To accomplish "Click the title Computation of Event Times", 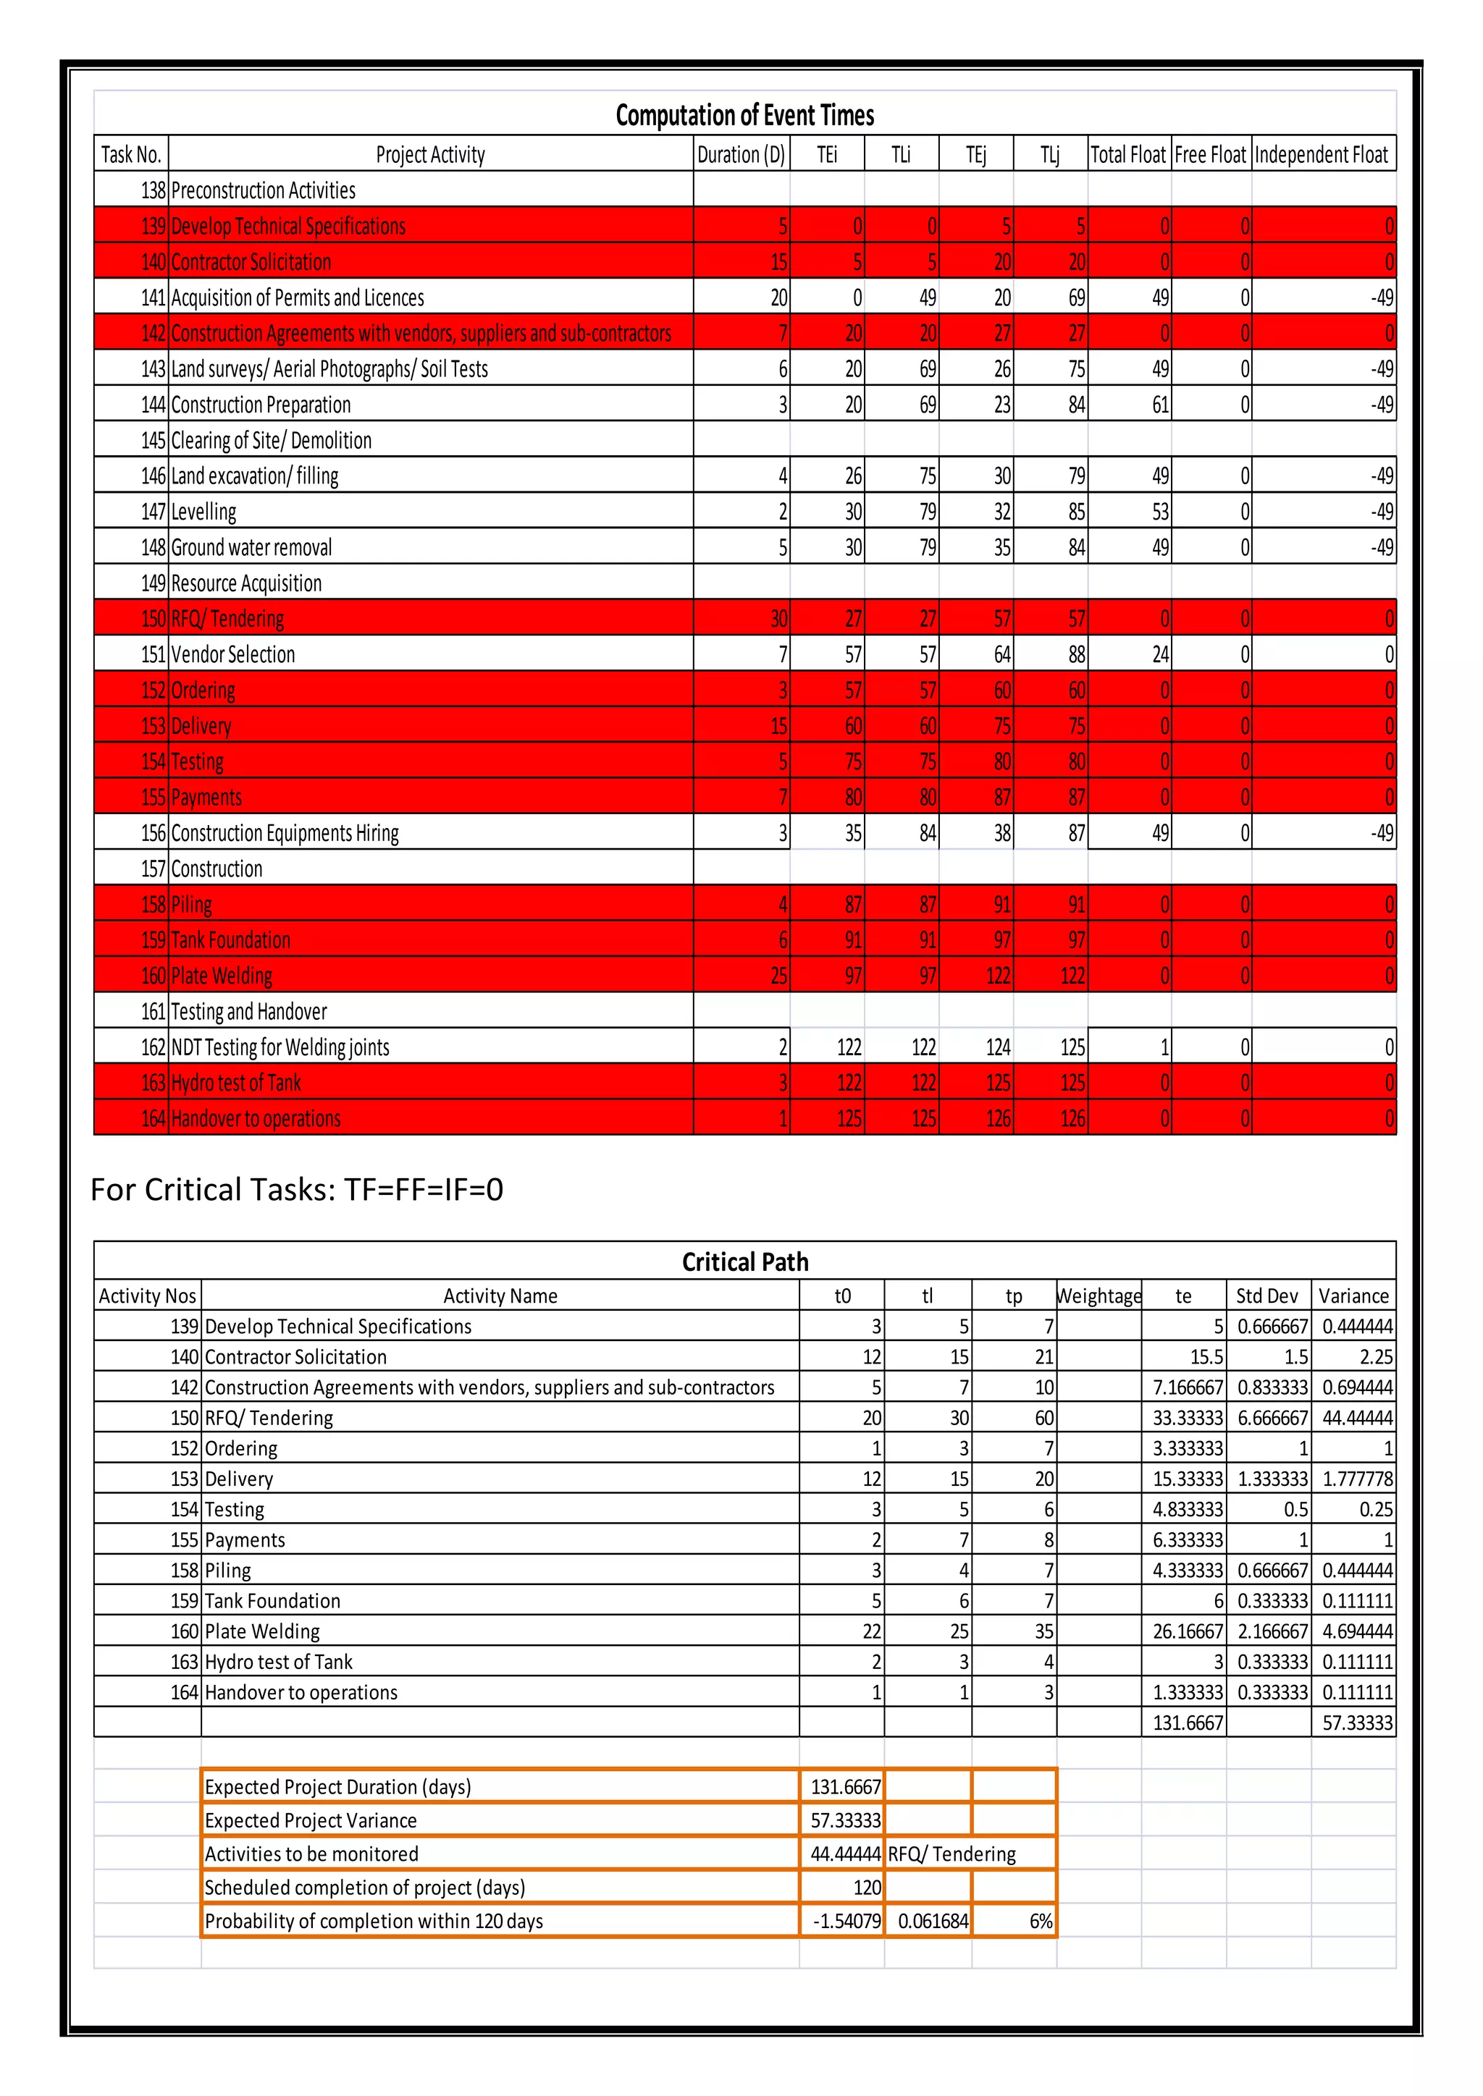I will [744, 115].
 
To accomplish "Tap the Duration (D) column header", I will [741, 154].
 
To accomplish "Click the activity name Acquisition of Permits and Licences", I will [298, 297].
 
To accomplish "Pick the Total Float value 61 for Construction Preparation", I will [1160, 405].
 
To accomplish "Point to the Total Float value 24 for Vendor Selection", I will [1160, 654].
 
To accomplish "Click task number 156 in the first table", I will [153, 832].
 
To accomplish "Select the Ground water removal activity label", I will [251, 548].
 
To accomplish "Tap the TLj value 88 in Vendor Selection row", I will [1077, 654].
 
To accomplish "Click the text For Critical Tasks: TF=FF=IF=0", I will [297, 1190].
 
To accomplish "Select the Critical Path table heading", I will [744, 1262].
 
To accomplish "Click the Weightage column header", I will [1098, 1296].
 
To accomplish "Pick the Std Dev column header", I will [1266, 1296].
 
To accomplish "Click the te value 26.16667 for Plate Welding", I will [1187, 1631].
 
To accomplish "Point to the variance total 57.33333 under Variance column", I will [1357, 1723].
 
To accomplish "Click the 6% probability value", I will [1041, 1921].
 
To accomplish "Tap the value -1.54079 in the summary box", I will [846, 1921].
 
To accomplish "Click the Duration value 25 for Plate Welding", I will [778, 976].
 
